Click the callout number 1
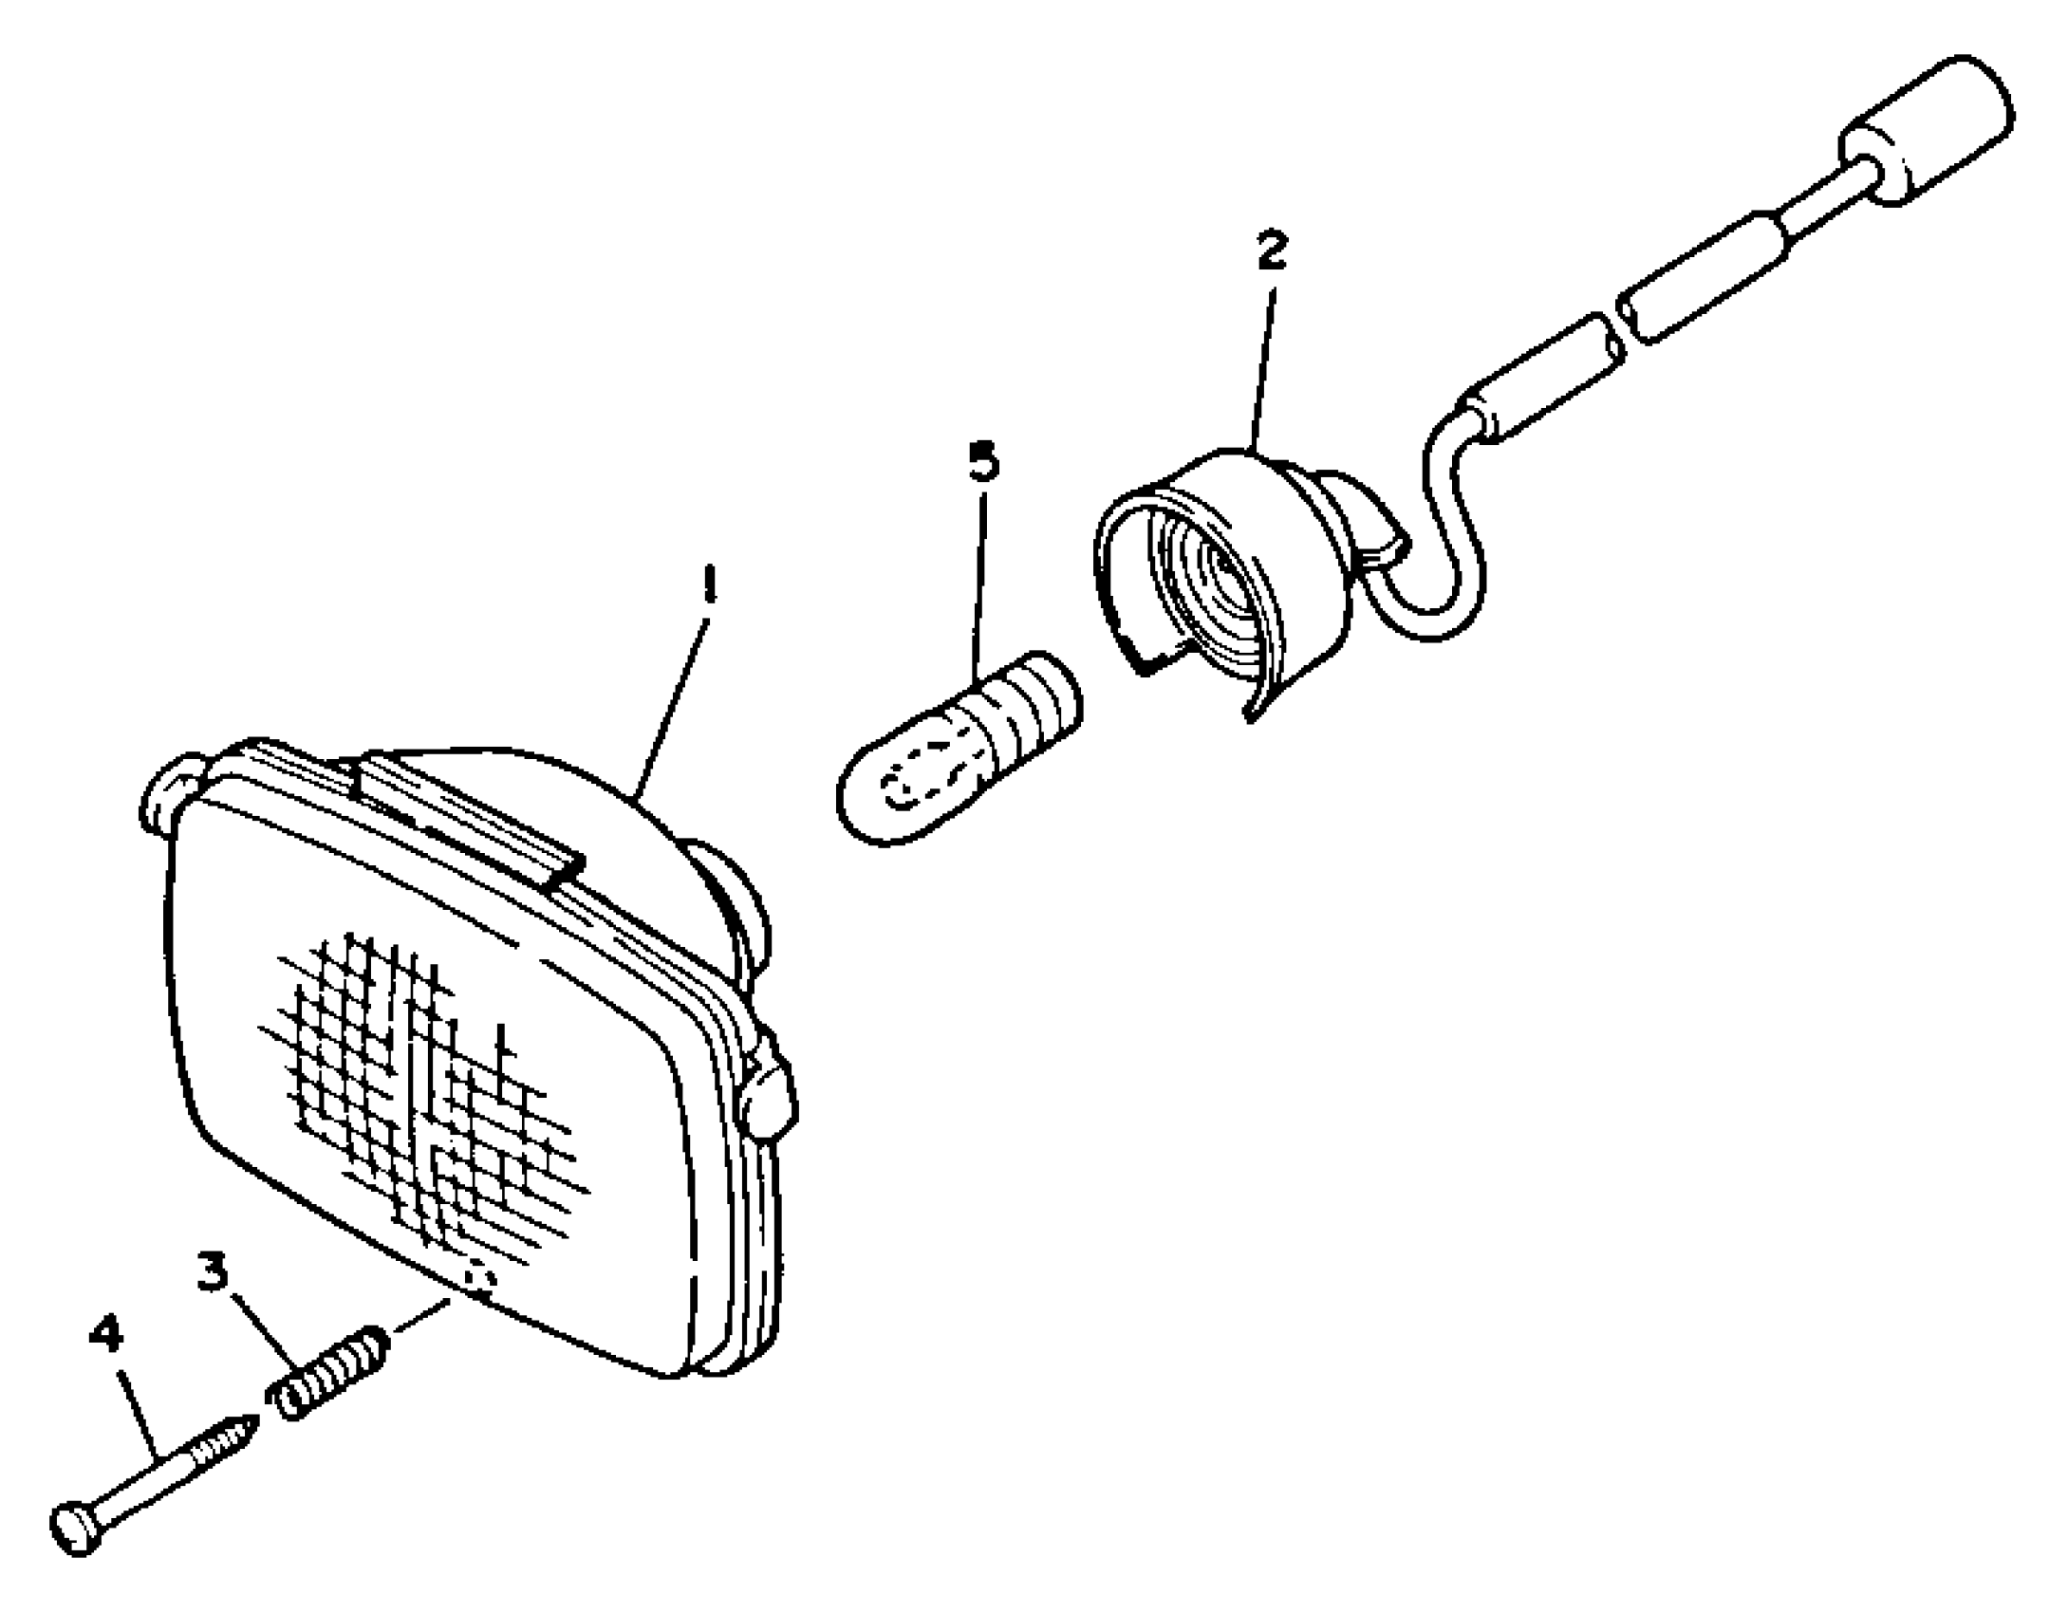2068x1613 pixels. tap(708, 585)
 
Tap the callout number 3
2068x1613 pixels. tap(214, 1271)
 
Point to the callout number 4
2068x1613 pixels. tap(106, 1335)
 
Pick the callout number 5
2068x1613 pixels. tap(984, 462)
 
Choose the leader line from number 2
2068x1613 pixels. tap(1264, 361)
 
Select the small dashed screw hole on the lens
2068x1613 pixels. tap(481, 1283)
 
